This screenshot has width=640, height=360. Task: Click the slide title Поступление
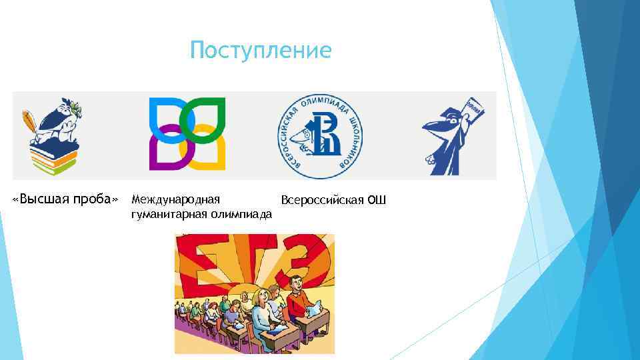click(260, 51)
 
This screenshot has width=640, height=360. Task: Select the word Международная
click(176, 199)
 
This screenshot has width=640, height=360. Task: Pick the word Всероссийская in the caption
click(322, 200)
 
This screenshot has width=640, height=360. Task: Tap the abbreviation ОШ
click(377, 200)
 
